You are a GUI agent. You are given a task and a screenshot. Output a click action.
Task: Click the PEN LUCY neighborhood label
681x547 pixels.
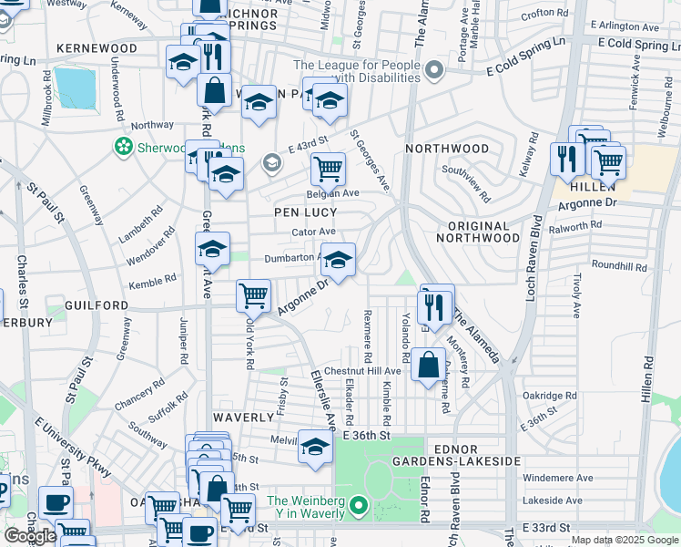306,212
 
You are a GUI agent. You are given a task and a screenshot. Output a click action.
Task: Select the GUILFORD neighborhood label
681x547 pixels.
97,304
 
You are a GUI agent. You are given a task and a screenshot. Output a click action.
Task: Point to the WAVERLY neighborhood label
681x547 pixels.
243,417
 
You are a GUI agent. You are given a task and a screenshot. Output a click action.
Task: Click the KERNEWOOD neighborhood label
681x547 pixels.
97,47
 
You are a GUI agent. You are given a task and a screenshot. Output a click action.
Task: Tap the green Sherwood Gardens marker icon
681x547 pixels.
123,146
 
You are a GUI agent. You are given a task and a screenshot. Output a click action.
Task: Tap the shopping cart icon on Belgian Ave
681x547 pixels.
328,167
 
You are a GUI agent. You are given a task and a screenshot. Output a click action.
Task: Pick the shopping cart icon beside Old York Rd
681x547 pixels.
252,294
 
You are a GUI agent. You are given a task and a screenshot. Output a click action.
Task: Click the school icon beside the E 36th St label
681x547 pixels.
315,447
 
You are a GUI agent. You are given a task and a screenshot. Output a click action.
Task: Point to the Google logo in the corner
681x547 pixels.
30,536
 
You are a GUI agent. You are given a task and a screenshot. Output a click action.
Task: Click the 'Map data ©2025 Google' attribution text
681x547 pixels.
624,540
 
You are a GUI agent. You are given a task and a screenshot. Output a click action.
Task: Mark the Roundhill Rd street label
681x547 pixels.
618,268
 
